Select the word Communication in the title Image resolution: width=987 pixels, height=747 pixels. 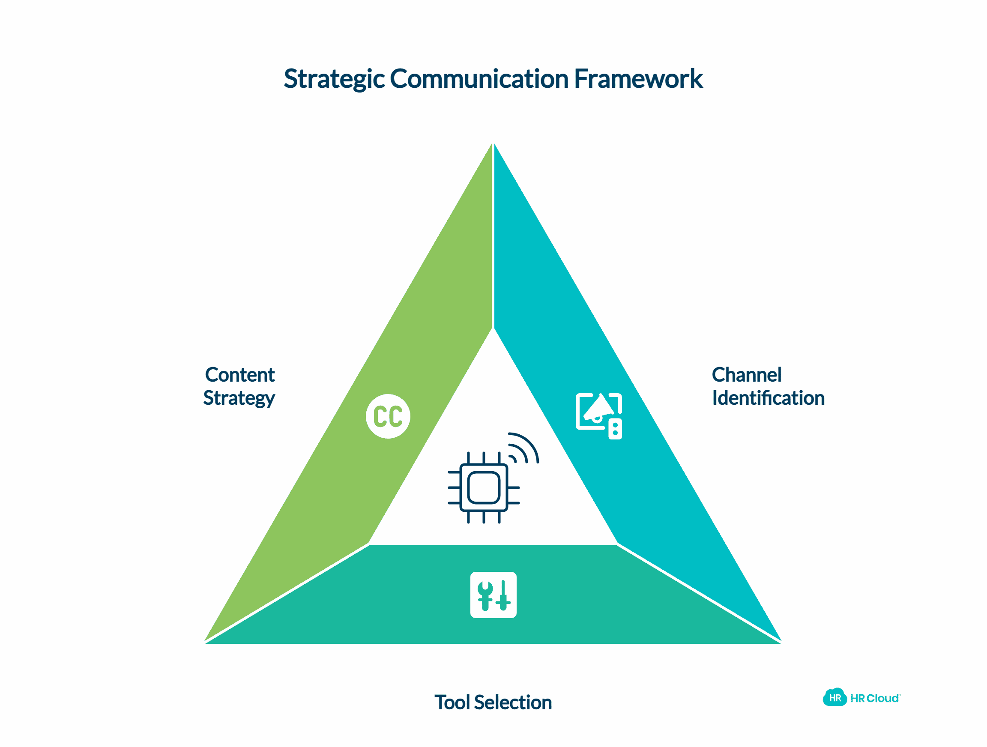(x=479, y=79)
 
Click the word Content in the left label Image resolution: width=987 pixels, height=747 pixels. (x=239, y=375)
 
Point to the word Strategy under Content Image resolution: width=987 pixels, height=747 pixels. (x=239, y=398)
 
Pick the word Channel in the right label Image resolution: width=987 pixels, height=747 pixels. (x=747, y=375)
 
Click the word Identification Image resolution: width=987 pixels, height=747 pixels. (x=768, y=398)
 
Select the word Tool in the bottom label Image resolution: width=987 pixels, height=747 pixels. (x=452, y=702)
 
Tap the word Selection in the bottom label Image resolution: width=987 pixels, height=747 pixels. (x=513, y=702)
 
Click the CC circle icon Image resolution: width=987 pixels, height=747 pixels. (x=388, y=416)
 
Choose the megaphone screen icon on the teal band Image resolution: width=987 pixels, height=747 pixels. (x=598, y=415)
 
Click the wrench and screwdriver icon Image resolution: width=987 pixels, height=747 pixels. (x=493, y=595)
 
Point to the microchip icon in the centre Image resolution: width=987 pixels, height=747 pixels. (x=484, y=488)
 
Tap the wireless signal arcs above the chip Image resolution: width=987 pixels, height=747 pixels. (x=524, y=448)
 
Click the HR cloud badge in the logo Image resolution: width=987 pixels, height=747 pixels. (x=834, y=698)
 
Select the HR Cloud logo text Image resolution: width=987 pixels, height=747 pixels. (x=875, y=698)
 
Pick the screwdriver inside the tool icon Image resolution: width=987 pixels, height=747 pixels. (x=503, y=596)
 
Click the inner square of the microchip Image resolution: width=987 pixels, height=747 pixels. (x=484, y=488)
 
